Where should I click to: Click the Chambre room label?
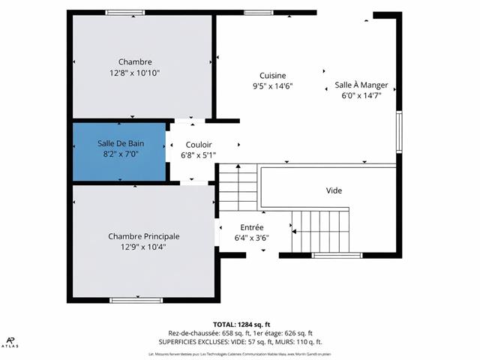pyautogui.click(x=135, y=61)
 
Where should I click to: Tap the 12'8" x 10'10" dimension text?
pyautogui.click(x=135, y=73)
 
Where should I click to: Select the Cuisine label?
pyautogui.click(x=273, y=75)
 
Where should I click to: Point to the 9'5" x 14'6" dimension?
pyautogui.click(x=273, y=86)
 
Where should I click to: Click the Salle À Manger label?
pyautogui.click(x=361, y=85)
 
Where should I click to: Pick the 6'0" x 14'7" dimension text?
pyautogui.click(x=361, y=96)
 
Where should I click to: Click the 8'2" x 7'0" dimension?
pyautogui.click(x=120, y=154)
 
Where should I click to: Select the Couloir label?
pyautogui.click(x=199, y=145)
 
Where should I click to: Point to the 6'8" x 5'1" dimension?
pyautogui.click(x=199, y=156)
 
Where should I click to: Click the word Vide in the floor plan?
pyautogui.click(x=334, y=190)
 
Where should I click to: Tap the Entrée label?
pyautogui.click(x=252, y=227)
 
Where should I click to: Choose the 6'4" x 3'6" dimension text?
pyautogui.click(x=252, y=238)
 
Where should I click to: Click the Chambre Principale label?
pyautogui.click(x=144, y=236)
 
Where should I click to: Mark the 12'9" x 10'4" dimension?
pyautogui.click(x=144, y=247)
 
